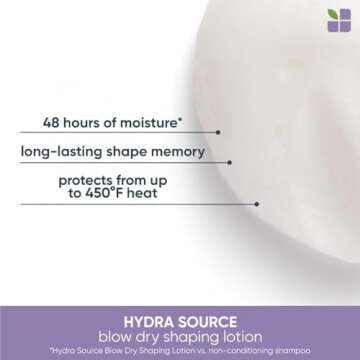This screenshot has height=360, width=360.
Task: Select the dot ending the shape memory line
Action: pyautogui.click(x=229, y=161)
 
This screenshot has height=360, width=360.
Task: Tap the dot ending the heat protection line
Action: pyautogui.click(x=256, y=204)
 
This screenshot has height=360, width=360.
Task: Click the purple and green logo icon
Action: pyautogui.click(x=339, y=20)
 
